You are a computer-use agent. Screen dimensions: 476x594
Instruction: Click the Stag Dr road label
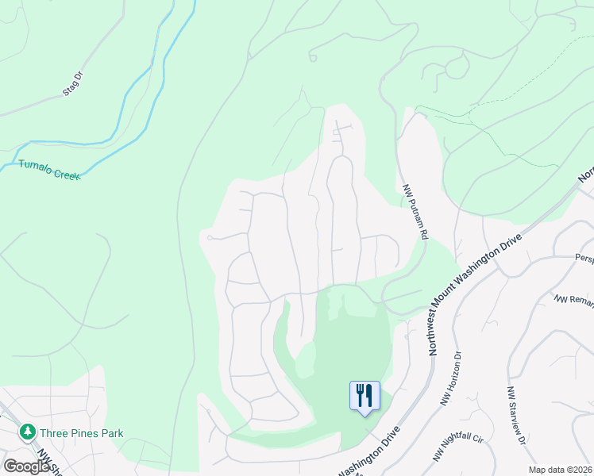coord(73,85)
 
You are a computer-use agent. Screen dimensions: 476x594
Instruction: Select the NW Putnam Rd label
coord(415,211)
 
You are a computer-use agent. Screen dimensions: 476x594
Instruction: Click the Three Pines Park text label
coord(82,433)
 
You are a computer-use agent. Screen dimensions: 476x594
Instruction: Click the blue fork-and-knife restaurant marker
coord(364,395)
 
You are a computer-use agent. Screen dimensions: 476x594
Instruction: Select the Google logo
coord(26,466)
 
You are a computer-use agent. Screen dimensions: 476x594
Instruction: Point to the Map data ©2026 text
coord(560,470)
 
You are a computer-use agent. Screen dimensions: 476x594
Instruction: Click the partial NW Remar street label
coord(573,300)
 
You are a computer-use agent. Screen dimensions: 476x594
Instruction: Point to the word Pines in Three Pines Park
coord(82,433)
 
